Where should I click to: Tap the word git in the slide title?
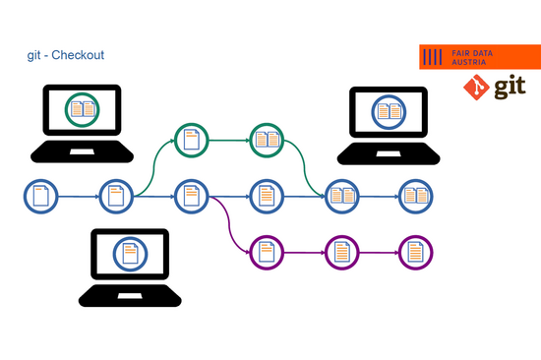[x=34, y=55]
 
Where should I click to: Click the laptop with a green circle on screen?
[x=82, y=122]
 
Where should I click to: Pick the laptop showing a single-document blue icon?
[x=129, y=267]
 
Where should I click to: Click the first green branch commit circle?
[x=191, y=140]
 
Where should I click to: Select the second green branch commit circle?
[x=266, y=140]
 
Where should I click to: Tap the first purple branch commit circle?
[x=266, y=253]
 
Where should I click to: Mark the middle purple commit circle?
[x=341, y=253]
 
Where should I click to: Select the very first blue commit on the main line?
[x=40, y=196]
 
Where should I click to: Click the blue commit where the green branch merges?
[x=341, y=196]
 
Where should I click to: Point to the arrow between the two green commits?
[x=228, y=140]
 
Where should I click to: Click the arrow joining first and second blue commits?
[x=78, y=196]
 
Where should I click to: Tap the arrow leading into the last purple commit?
[x=379, y=253]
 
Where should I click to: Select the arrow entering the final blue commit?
[x=379, y=196]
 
